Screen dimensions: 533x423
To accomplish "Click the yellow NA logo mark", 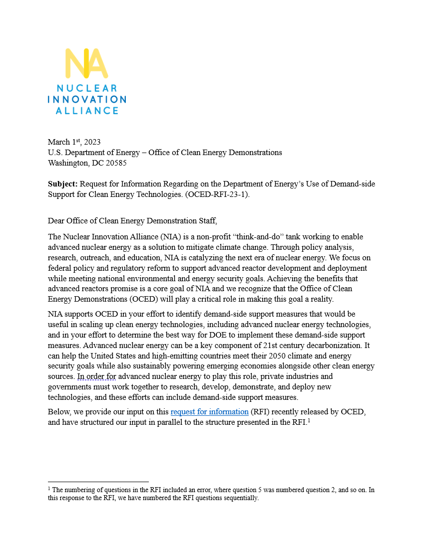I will pyautogui.click(x=86, y=63).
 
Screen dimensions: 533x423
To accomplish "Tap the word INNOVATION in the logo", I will pyautogui.click(x=86, y=99).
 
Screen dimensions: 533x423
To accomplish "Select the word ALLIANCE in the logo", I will pyautogui.click(x=86, y=111).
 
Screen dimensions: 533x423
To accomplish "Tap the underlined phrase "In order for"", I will pyautogui.click(x=96, y=376).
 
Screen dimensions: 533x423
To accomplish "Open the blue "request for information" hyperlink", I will pyautogui.click(x=209, y=411).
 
